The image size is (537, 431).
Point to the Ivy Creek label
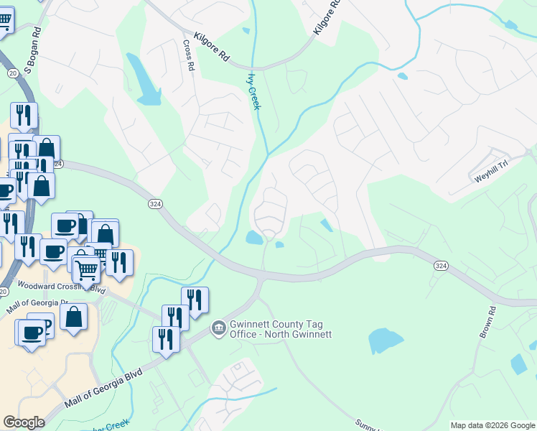[253, 91]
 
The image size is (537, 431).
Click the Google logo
[24, 422]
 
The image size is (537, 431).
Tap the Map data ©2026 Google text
[492, 425]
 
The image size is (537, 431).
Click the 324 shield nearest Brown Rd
[442, 266]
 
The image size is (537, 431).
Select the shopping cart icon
[87, 270]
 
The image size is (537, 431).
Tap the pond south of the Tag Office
[386, 340]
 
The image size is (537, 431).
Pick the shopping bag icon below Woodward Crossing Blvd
[73, 315]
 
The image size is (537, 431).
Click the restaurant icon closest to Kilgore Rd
[24, 115]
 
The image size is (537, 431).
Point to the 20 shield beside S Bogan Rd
[12, 73]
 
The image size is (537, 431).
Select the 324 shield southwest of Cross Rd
[154, 204]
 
